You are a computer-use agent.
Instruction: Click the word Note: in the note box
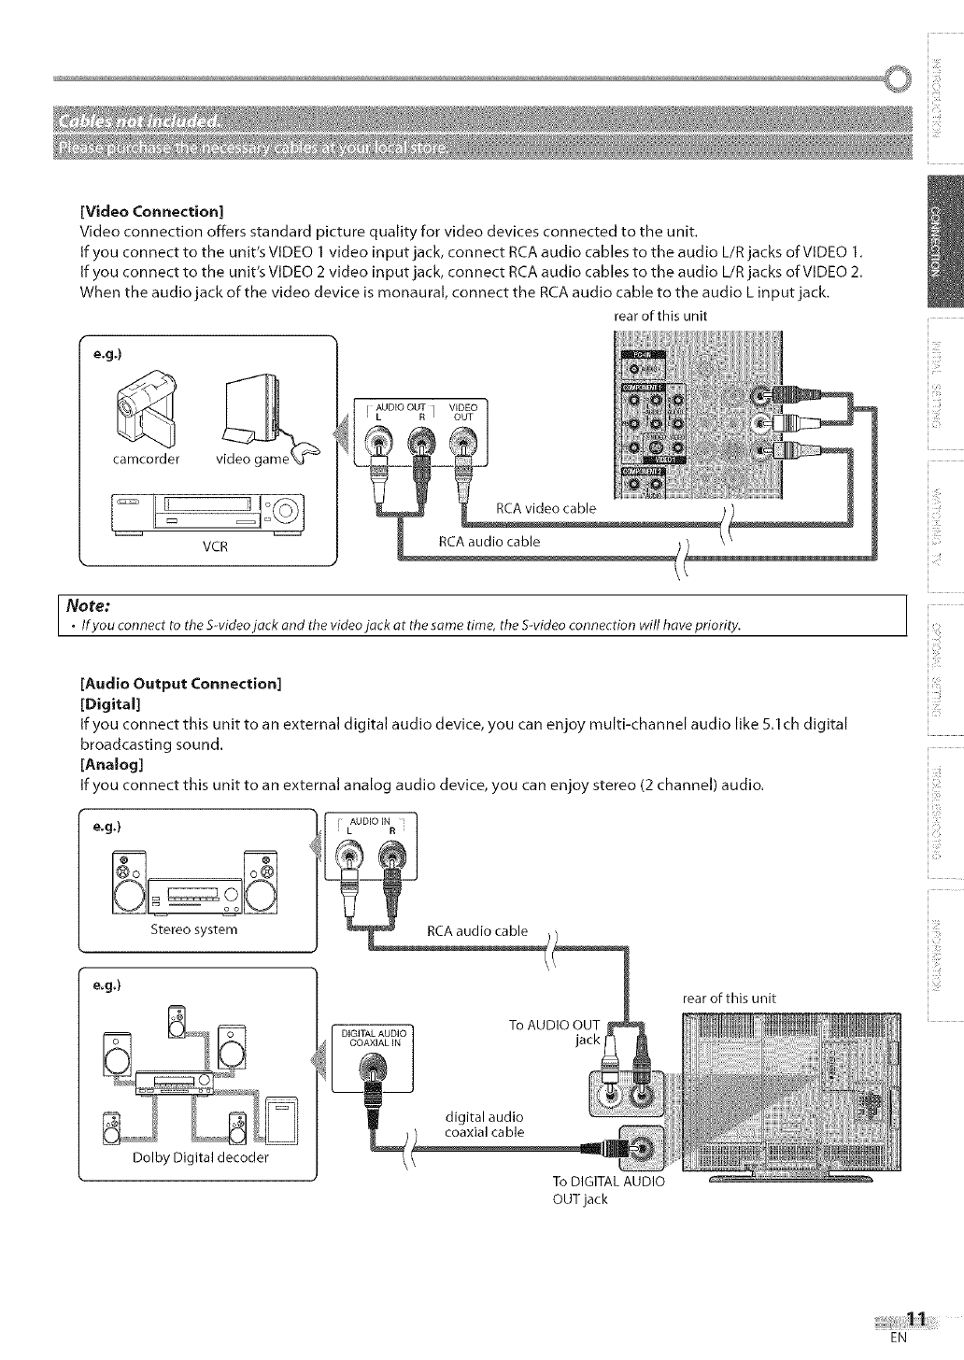[85, 605]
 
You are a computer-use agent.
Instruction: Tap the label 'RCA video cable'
[546, 509]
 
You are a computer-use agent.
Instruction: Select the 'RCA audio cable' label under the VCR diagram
[489, 542]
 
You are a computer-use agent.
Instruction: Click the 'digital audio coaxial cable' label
[484, 1125]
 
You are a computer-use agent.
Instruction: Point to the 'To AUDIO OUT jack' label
[555, 1031]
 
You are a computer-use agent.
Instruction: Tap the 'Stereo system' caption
[194, 929]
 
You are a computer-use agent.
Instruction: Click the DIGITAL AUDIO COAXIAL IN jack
[371, 1065]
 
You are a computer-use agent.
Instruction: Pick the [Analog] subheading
[112, 764]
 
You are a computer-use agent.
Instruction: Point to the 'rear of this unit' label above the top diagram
[659, 316]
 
